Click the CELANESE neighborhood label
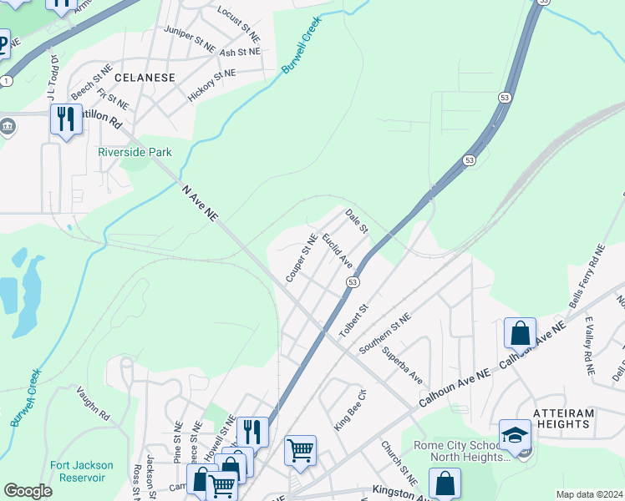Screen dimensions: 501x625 coord(145,78)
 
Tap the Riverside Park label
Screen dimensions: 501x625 coord(135,152)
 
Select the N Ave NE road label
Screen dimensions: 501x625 coord(200,203)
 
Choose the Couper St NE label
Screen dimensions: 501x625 coord(300,256)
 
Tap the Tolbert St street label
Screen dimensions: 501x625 coord(353,321)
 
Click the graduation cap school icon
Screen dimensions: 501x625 coord(515,435)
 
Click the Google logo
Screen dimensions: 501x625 coord(28,491)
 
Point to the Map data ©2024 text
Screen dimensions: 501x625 coord(588,494)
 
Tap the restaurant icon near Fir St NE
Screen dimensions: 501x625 coord(65,119)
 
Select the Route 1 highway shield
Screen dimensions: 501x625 coord(7,80)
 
